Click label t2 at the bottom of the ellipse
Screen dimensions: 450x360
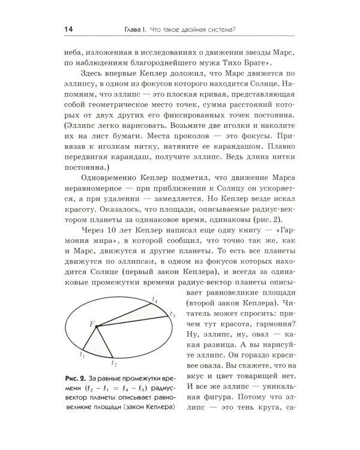click(x=114, y=363)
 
